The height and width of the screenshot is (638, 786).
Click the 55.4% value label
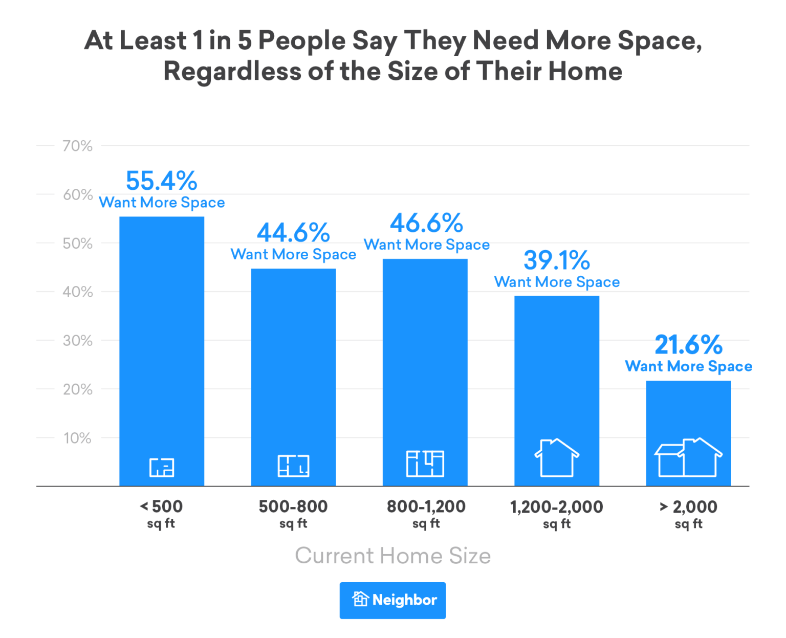tap(162, 181)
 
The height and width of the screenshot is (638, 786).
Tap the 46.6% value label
tap(426, 223)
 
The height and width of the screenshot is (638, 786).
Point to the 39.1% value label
tap(557, 260)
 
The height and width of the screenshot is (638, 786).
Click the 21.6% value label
tap(688, 345)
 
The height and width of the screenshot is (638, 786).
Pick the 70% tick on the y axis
tap(77, 146)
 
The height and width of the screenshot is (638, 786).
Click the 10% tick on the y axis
tap(77, 438)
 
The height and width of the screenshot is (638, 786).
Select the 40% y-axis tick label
tap(77, 292)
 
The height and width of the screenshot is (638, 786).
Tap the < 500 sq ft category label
tap(161, 514)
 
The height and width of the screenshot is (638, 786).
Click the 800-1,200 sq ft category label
tap(426, 514)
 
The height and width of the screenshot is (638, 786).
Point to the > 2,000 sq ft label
tap(688, 514)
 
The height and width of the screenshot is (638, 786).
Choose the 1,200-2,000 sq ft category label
tap(557, 514)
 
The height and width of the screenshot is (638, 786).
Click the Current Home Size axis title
tap(392, 556)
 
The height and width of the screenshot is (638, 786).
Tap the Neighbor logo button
tap(392, 600)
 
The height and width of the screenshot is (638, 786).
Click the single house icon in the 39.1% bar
tap(557, 457)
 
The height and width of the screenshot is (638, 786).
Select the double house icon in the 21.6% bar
tap(688, 457)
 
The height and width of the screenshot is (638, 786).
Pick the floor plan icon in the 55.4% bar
tap(162, 467)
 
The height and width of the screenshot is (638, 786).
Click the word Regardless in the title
tap(232, 71)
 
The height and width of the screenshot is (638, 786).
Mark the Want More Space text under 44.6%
tap(293, 254)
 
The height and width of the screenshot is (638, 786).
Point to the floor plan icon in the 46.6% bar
tap(425, 464)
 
